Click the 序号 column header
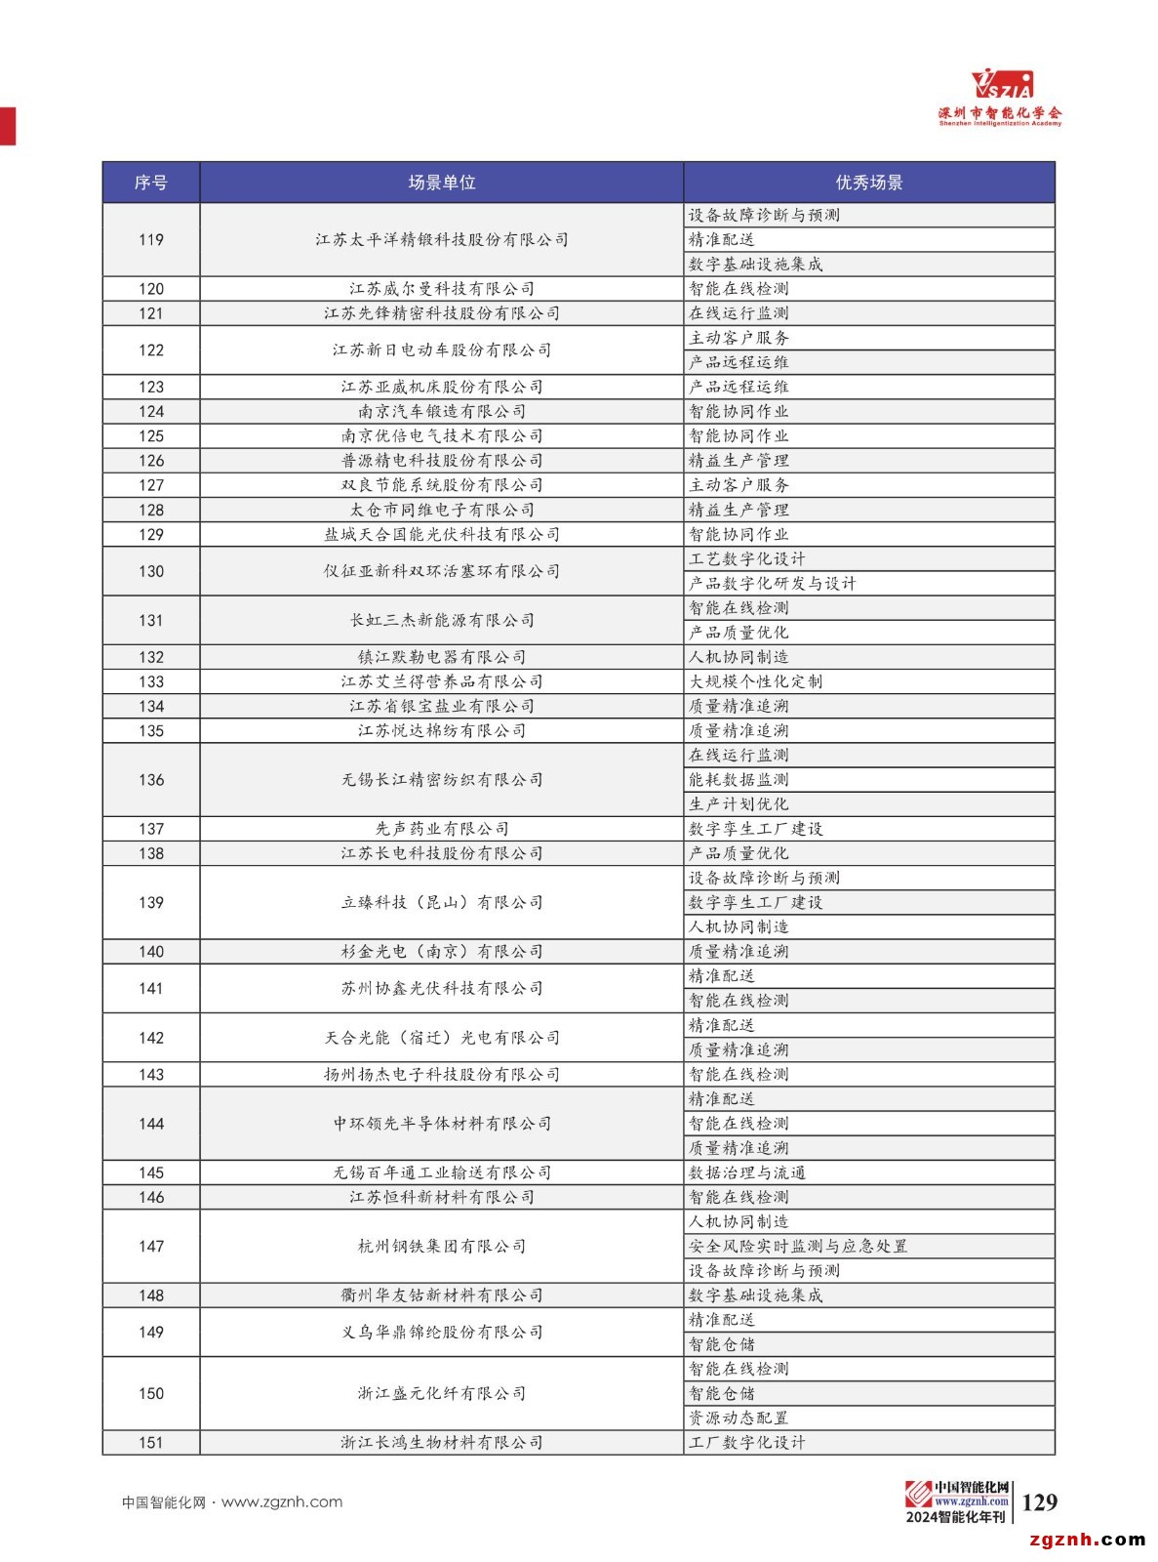tap(151, 183)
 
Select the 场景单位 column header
tap(442, 183)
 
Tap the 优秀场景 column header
tap(868, 183)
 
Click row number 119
tap(151, 240)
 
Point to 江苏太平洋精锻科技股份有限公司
tap(442, 240)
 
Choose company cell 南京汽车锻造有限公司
tap(442, 412)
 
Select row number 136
tap(151, 780)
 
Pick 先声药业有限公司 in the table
tap(442, 829)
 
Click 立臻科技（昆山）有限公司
tap(442, 903)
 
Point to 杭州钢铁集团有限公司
tap(442, 1247)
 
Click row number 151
tap(151, 1443)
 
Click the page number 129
tap(1040, 1502)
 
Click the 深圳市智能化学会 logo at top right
tap(1000, 99)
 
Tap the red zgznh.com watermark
tap(1087, 1540)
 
